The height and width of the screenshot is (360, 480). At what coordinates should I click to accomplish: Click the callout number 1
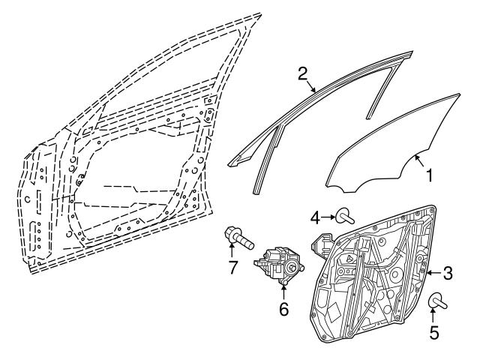pyautogui.click(x=430, y=177)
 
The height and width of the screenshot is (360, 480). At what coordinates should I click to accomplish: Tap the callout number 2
pyautogui.click(x=302, y=73)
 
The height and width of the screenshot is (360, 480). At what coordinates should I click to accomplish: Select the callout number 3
pyautogui.click(x=448, y=271)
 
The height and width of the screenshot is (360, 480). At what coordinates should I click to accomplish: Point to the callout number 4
pyautogui.click(x=315, y=218)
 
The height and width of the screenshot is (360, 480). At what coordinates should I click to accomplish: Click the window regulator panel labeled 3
pyautogui.click(x=375, y=277)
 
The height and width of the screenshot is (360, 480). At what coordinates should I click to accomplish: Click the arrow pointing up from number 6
pyautogui.click(x=283, y=291)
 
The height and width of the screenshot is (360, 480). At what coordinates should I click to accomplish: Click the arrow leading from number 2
pyautogui.click(x=313, y=85)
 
